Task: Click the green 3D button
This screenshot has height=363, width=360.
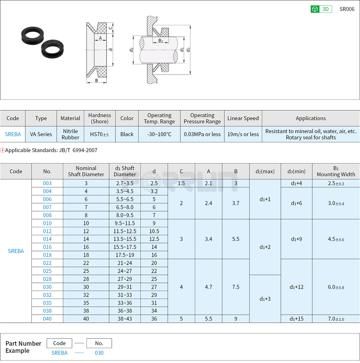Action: coord(321,9)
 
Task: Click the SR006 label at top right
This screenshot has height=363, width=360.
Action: coord(347,9)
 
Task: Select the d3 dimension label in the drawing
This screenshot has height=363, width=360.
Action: coord(188,49)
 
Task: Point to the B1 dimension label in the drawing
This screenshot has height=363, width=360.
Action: coord(161,41)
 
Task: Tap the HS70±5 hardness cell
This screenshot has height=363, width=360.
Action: coord(99,134)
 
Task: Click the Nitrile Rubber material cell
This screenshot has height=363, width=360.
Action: coord(70,134)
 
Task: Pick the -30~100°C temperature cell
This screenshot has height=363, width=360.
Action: coord(159,134)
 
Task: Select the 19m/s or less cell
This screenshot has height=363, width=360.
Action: coord(243,134)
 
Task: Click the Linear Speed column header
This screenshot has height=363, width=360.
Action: coord(243,118)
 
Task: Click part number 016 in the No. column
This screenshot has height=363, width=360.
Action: coord(47,247)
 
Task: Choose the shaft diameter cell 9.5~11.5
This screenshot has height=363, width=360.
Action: coord(125,223)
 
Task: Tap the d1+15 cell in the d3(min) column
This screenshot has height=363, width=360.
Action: coord(296,319)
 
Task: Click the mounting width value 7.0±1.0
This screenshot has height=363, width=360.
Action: coord(336,319)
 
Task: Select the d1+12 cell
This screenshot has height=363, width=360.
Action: coord(296,287)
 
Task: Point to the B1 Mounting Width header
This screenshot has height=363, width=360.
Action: coord(336,171)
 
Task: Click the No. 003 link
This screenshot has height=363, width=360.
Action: coord(47,183)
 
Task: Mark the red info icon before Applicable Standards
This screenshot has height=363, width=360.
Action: coord(3,150)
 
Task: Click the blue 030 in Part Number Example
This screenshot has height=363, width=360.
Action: coord(99,353)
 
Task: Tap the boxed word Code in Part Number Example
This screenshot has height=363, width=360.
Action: coord(59,343)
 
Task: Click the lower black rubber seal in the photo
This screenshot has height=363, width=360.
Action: coord(52,49)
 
